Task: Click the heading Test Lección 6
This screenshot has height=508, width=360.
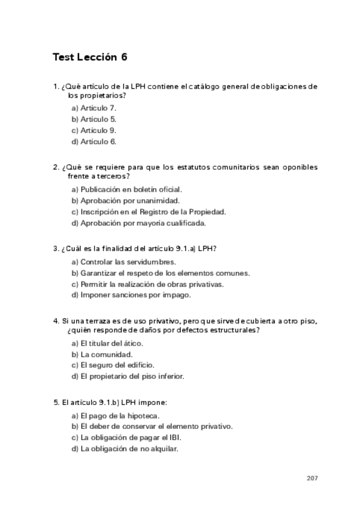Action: coord(90,58)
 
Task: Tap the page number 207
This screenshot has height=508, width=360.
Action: coord(311,478)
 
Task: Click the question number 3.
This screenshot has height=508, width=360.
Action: coord(55,248)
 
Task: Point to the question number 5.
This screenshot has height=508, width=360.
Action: coord(55,402)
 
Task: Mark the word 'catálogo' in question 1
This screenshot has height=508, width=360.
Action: coord(189,86)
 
